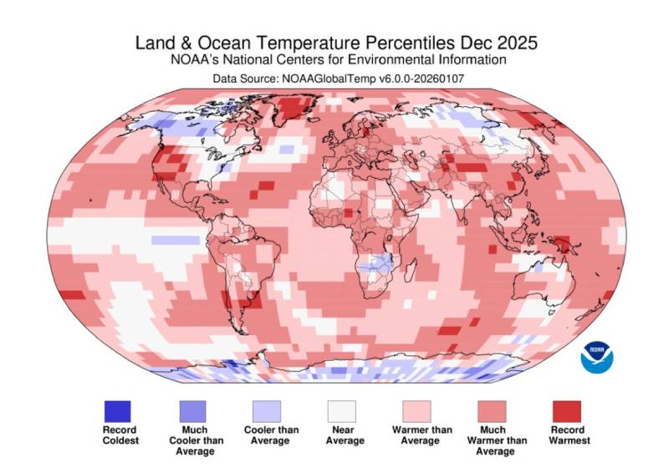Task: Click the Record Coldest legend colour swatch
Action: [117, 411]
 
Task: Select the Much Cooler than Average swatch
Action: [192, 411]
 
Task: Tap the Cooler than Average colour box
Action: [268, 411]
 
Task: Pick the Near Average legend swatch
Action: [342, 411]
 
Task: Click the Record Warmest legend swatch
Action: [566, 411]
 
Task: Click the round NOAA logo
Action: [597, 357]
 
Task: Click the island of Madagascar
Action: [431, 265]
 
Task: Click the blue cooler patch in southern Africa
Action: [380, 265]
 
